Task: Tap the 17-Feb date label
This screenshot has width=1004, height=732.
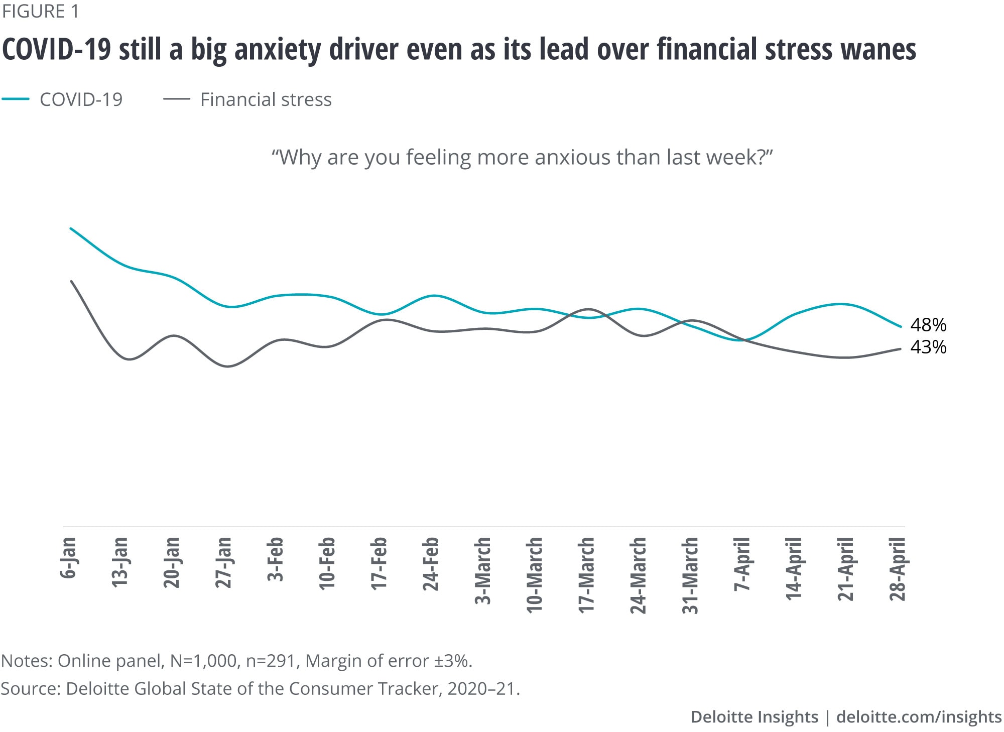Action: point(379,563)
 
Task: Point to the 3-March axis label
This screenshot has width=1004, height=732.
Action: point(482,570)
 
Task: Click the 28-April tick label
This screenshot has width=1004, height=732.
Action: point(897,569)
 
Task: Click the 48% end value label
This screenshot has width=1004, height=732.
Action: point(928,325)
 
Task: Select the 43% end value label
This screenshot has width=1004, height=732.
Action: point(928,347)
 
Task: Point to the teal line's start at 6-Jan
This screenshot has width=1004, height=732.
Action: point(71,228)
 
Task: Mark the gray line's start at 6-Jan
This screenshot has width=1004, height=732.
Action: point(71,281)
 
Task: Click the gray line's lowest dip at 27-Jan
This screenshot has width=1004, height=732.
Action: point(227,366)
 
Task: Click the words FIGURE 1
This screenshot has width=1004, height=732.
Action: point(40,12)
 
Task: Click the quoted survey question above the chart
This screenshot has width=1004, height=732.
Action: point(522,157)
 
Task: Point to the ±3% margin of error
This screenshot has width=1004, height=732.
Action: point(453,661)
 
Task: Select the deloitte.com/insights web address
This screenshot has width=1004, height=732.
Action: point(919,716)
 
